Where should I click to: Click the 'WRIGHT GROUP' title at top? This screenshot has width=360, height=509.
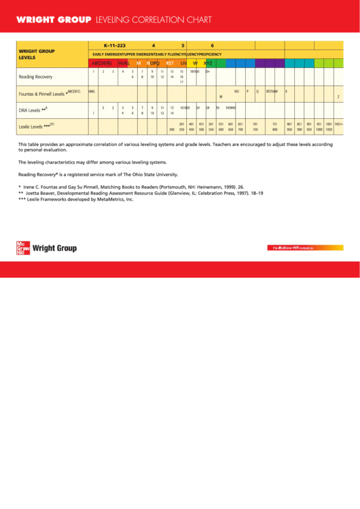tap(54, 20)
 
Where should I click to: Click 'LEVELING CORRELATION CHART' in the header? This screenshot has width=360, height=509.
tap(154, 20)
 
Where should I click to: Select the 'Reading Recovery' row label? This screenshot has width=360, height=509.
tap(35, 77)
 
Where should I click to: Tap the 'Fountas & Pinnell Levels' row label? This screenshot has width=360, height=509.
tap(42, 93)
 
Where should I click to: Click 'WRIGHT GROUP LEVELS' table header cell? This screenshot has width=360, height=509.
tap(37, 54)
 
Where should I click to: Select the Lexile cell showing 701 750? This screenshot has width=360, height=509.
tap(255, 126)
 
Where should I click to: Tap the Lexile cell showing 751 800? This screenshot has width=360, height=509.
tap(275, 126)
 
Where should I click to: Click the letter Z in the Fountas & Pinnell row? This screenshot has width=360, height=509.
tap(338, 96)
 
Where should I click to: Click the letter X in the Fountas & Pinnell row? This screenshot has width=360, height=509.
tap(286, 91)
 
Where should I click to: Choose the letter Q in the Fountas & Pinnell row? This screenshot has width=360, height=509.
tap(257, 91)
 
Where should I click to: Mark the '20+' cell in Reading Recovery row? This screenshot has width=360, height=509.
tap(207, 71)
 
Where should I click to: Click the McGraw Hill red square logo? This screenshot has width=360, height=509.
tap(23, 248)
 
